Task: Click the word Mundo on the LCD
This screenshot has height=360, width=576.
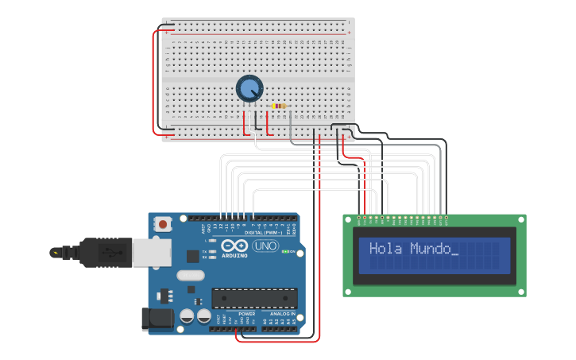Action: [x=430, y=249]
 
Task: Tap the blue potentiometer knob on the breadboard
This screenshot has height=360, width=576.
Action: [x=249, y=88]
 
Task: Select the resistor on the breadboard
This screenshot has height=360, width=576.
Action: [x=279, y=106]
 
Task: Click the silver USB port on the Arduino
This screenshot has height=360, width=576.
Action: [x=151, y=252]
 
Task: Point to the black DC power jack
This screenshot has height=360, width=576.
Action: [x=157, y=319]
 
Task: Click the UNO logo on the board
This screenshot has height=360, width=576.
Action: [x=265, y=246]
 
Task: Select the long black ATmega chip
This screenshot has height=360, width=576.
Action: [x=254, y=298]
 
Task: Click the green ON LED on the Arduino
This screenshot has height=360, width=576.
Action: [x=292, y=252]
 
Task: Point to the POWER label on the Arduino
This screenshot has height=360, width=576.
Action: [x=247, y=313]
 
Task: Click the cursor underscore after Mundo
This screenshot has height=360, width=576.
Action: [x=454, y=253]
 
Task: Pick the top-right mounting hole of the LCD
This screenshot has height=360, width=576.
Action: [x=520, y=219]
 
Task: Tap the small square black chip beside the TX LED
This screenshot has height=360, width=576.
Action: [x=192, y=256]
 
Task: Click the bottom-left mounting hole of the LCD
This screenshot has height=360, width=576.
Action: [x=348, y=292]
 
